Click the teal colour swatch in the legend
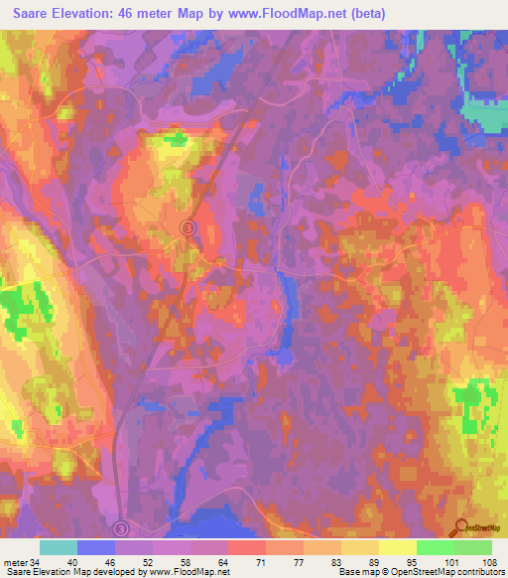tap(58, 547)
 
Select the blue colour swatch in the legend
tap(95, 547)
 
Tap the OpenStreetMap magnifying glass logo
tap(459, 529)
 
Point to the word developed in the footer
tap(115, 572)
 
